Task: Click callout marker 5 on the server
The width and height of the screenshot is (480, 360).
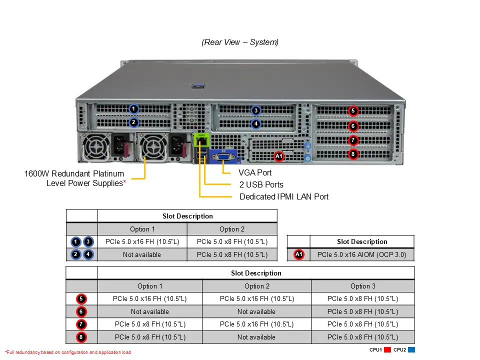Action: (x=353, y=110)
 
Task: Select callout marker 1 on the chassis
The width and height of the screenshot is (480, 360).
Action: (x=133, y=108)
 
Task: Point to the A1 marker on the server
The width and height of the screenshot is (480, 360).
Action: (x=279, y=156)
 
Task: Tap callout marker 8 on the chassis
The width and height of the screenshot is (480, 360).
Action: (x=353, y=154)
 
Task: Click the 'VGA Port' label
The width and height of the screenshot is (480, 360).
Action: (x=255, y=172)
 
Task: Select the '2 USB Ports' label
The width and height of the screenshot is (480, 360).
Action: (x=261, y=184)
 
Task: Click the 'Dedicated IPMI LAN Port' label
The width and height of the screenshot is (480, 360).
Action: (x=284, y=196)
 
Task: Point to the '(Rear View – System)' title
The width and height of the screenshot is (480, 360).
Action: (x=240, y=42)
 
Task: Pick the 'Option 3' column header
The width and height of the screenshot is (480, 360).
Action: (x=362, y=286)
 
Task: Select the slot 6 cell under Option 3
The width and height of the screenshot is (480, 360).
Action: (x=362, y=311)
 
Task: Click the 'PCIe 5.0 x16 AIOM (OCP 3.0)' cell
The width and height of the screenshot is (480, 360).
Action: (x=362, y=254)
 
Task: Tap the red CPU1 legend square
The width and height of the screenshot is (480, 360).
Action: (x=387, y=350)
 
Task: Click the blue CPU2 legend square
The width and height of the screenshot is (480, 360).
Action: (x=411, y=350)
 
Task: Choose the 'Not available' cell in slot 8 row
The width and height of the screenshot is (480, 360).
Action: (x=256, y=337)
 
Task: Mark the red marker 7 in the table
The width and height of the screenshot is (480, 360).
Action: (x=81, y=324)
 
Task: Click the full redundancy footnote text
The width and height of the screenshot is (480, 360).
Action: (x=68, y=352)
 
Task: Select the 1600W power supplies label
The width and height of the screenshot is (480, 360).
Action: (x=75, y=178)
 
